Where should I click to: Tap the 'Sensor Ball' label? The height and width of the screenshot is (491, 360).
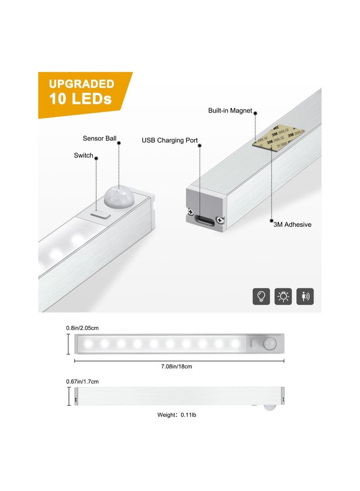click(x=99, y=138)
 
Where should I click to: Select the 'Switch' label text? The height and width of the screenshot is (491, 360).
click(x=84, y=155)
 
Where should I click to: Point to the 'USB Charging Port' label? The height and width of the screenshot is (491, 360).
click(x=170, y=140)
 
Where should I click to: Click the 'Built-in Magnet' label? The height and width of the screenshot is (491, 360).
click(x=230, y=111)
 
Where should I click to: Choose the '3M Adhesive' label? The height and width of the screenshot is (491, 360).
click(x=292, y=224)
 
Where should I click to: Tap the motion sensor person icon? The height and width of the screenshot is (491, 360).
click(x=306, y=296)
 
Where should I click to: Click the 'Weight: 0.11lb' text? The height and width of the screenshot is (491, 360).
click(x=176, y=415)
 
